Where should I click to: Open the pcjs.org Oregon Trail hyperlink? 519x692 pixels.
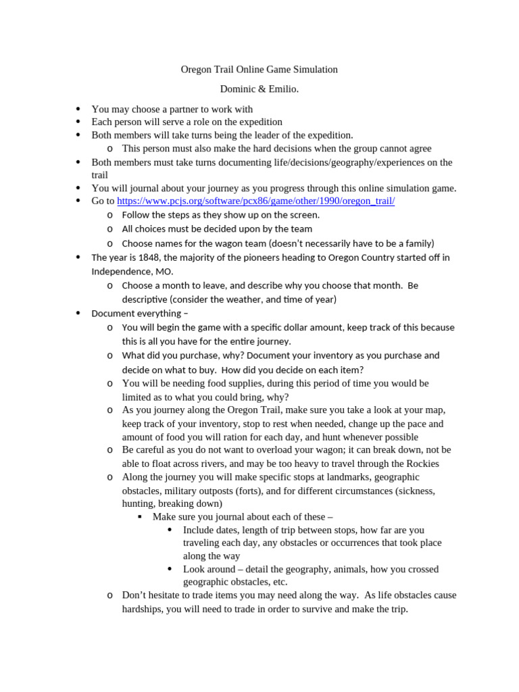click(x=256, y=201)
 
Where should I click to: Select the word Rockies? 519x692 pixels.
click(x=420, y=464)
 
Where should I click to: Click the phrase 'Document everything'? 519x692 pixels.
click(x=137, y=314)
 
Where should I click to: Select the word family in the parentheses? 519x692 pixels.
click(x=414, y=243)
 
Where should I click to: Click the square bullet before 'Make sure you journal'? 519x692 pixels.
click(x=140, y=517)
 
